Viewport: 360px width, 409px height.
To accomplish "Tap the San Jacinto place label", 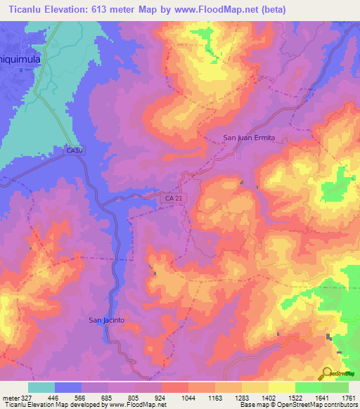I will [107, 320].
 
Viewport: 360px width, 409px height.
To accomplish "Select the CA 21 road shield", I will [174, 200].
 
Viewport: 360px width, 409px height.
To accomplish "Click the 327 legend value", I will [27, 398].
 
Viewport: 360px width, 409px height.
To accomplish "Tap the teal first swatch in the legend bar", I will [41, 387].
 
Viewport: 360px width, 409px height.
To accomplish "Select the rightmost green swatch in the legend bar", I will [335, 387].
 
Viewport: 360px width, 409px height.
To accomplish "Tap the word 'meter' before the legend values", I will [9, 398].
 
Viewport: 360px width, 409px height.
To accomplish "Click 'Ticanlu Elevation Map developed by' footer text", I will [43, 405].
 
